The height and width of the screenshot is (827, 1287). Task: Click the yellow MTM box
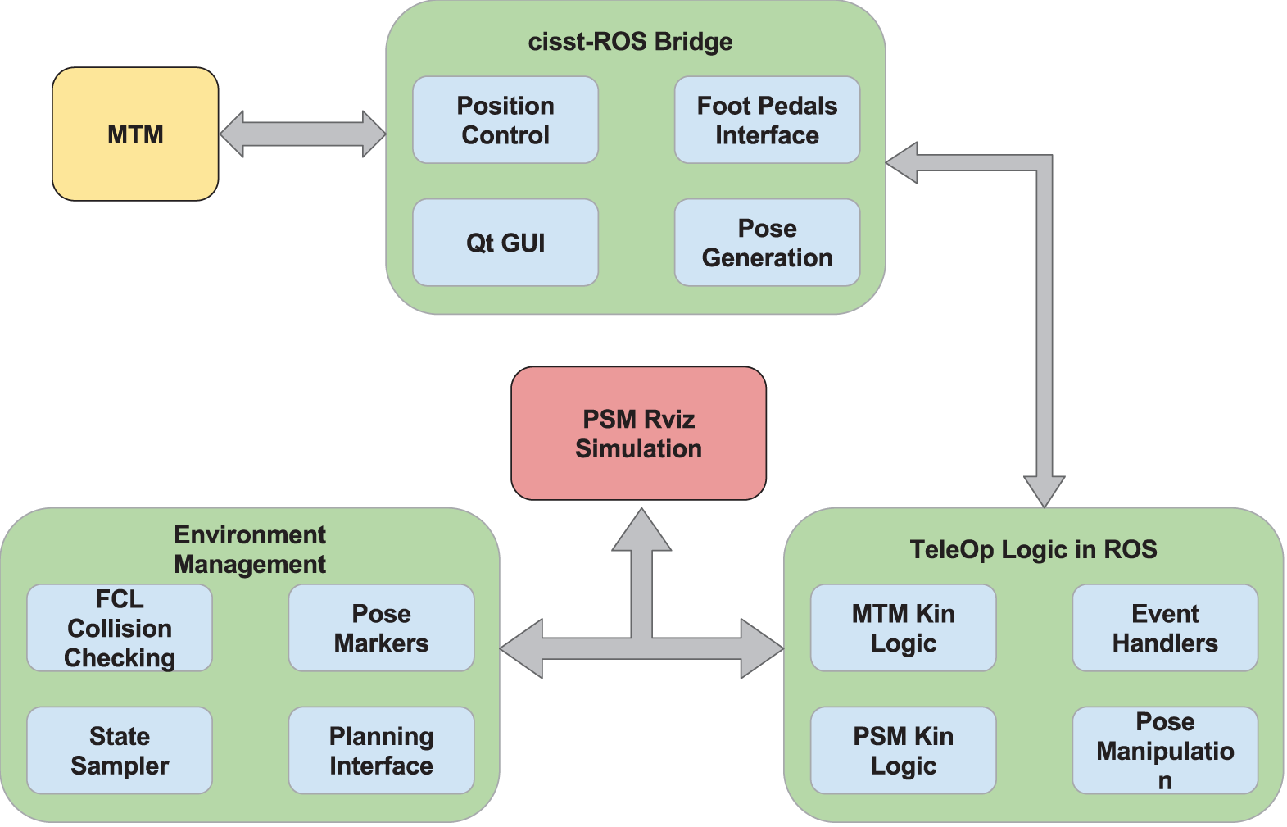pyautogui.click(x=135, y=134)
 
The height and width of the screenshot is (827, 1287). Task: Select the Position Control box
pyautogui.click(x=505, y=120)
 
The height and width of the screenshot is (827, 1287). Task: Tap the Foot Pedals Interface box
pyautogui.click(x=767, y=120)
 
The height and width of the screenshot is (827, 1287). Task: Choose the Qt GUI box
pyautogui.click(x=505, y=243)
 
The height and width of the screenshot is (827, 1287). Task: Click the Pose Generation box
pyautogui.click(x=767, y=243)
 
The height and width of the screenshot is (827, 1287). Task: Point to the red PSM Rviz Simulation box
pyautogui.click(x=638, y=434)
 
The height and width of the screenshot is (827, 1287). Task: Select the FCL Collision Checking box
pyautogui.click(x=120, y=628)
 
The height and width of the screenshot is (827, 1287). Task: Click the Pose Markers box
pyautogui.click(x=381, y=628)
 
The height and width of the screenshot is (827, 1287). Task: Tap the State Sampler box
pyautogui.click(x=120, y=750)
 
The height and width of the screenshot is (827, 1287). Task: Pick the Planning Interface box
pyautogui.click(x=381, y=750)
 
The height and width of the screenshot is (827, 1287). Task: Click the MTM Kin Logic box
pyautogui.click(x=903, y=628)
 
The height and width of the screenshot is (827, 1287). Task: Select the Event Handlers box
pyautogui.click(x=1164, y=628)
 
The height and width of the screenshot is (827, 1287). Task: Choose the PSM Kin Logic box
pyautogui.click(x=903, y=750)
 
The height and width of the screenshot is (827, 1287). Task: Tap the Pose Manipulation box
pyautogui.click(x=1164, y=750)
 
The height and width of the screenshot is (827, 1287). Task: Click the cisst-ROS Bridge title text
pyautogui.click(x=630, y=42)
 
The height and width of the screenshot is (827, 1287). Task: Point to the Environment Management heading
pyautogui.click(x=250, y=549)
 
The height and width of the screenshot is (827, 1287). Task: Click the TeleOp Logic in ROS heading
pyautogui.click(x=1033, y=549)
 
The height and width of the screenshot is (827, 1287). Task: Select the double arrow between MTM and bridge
pyautogui.click(x=302, y=134)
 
